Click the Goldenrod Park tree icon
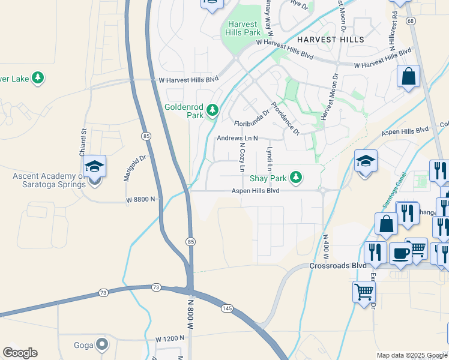pyautogui.click(x=212, y=110)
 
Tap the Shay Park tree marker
pyautogui.click(x=295, y=177)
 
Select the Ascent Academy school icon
pyautogui.click(x=94, y=166)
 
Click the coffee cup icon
pyautogui.click(x=400, y=253)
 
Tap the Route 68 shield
pyautogui.click(x=411, y=37)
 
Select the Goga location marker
pyautogui.click(x=102, y=344)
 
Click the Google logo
pyautogui.click(x=20, y=353)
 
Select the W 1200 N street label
pyautogui.click(x=170, y=339)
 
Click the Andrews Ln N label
pyautogui.click(x=237, y=138)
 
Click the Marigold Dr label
pyautogui.click(x=135, y=166)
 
